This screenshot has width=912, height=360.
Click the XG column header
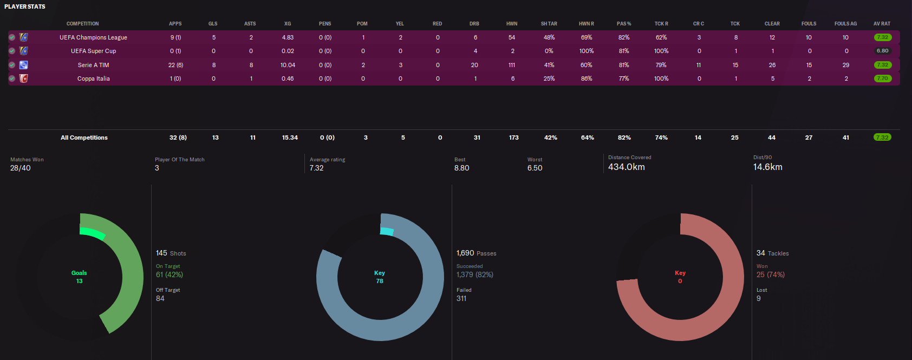click(x=288, y=24)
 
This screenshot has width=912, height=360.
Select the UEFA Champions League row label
click(x=93, y=37)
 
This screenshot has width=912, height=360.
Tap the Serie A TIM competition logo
click(x=23, y=65)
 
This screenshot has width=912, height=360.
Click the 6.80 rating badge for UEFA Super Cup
click(x=882, y=51)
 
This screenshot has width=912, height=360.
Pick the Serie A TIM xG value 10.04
click(x=288, y=65)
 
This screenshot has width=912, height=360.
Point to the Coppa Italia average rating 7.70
click(x=882, y=78)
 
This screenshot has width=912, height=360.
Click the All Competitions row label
click(x=84, y=138)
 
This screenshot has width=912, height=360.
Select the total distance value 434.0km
click(x=626, y=167)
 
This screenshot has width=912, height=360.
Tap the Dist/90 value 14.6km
click(x=767, y=167)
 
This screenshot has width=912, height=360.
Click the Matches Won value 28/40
click(x=21, y=168)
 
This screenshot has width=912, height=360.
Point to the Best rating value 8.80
click(x=461, y=168)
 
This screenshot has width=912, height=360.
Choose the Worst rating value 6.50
click(x=535, y=168)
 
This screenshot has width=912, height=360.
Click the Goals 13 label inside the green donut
click(x=79, y=277)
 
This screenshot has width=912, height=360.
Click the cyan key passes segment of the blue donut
click(x=387, y=231)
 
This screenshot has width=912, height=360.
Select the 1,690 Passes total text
click(x=476, y=253)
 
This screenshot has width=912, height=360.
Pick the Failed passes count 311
click(x=461, y=298)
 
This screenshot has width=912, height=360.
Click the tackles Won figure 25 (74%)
click(x=770, y=274)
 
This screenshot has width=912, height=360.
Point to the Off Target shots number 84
click(x=160, y=298)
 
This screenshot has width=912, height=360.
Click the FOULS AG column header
click(x=845, y=24)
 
